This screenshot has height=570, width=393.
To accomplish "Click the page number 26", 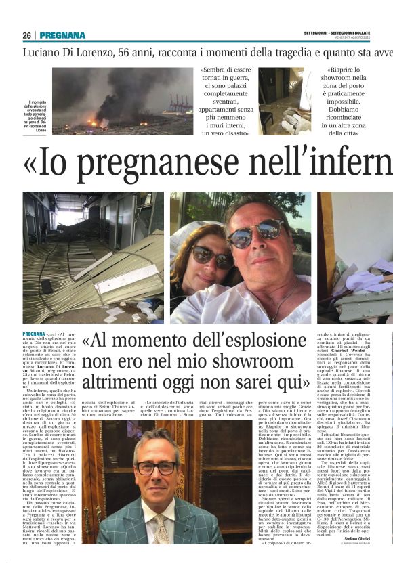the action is (26, 35).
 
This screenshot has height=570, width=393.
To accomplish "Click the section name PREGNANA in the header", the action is (62, 35).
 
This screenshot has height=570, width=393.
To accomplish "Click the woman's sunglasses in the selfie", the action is (211, 256).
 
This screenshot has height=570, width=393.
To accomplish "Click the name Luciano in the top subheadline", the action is (43, 52).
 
